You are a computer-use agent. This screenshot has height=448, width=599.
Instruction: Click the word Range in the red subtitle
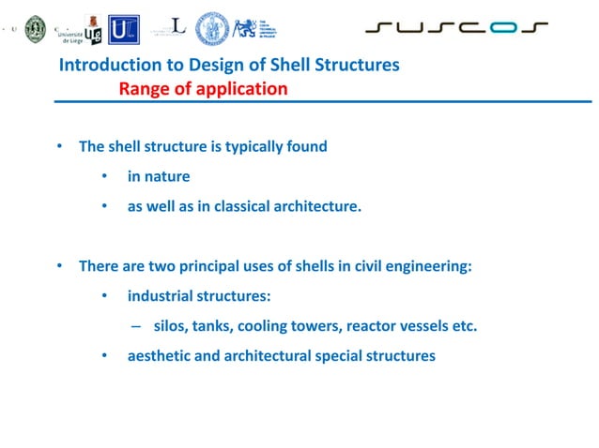click(x=139, y=90)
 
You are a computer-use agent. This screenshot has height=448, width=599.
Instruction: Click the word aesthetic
click(x=160, y=356)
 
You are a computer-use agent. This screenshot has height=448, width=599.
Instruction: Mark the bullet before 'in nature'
click(x=106, y=176)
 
